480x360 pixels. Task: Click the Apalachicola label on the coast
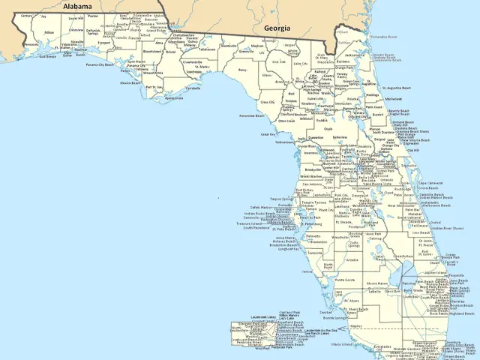[x=173, y=97]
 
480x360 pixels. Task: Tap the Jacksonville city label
[x=355, y=55]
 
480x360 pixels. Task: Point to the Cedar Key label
[x=268, y=134]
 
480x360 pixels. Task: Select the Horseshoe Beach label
[x=251, y=115]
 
